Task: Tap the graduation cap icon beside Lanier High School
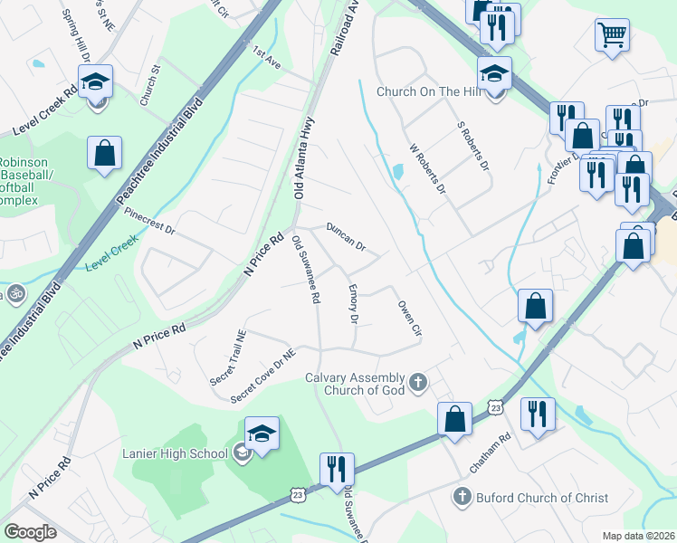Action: [262, 435]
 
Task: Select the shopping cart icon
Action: [613, 35]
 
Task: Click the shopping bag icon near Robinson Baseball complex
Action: [105, 152]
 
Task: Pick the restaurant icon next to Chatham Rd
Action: [539, 414]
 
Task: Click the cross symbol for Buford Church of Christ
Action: [461, 497]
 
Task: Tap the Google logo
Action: [30, 531]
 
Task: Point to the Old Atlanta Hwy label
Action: [305, 162]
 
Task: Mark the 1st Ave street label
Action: [268, 58]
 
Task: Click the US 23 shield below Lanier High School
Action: [298, 494]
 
